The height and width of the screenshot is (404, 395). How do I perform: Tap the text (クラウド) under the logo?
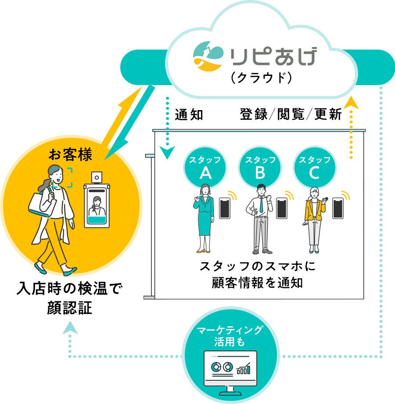[x=261, y=78]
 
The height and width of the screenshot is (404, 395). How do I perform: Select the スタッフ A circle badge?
[x=205, y=168]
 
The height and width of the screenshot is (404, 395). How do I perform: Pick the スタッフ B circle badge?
[x=260, y=168]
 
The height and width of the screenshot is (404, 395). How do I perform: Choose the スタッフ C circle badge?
[x=315, y=168]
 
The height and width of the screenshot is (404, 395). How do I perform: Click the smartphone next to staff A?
[x=225, y=208]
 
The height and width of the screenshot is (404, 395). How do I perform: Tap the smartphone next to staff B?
[x=282, y=208]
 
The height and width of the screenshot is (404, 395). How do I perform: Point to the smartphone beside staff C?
[x=338, y=208]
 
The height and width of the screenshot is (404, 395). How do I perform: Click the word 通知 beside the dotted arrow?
[x=189, y=114]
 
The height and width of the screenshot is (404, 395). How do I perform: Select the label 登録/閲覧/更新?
[x=291, y=114]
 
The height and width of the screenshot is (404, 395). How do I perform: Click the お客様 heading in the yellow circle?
[x=70, y=154]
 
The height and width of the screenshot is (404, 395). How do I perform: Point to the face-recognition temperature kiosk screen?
[x=97, y=206]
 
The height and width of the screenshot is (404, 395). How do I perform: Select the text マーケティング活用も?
[x=230, y=336]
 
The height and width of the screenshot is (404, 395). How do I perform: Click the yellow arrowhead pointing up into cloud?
[x=351, y=103]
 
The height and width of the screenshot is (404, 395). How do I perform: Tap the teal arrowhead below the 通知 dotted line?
[x=167, y=152]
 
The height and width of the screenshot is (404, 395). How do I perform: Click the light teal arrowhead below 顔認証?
[x=70, y=328]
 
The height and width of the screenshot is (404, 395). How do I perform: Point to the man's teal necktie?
[x=262, y=204]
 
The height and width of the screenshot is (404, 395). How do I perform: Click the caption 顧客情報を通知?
[x=257, y=283]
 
